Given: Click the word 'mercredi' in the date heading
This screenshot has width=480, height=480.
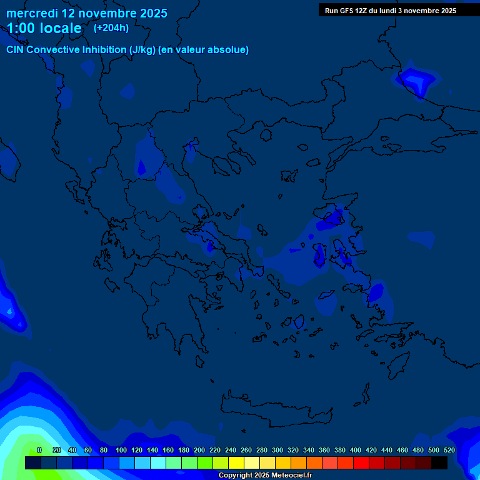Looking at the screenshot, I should [x=32, y=13].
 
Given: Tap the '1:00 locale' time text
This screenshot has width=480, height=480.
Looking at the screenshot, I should [x=44, y=28].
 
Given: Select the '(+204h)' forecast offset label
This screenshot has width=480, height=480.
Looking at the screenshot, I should [x=111, y=27].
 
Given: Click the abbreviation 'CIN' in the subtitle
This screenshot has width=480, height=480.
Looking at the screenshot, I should [x=16, y=50].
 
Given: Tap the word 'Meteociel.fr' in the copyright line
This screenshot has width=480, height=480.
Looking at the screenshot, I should [x=289, y=476].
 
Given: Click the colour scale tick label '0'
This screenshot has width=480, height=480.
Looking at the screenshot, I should [x=39, y=450].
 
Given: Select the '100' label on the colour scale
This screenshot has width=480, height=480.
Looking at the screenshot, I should [x=121, y=450].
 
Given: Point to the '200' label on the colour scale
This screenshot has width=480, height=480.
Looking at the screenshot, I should [x=199, y=450].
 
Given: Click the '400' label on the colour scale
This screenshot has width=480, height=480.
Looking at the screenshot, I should [x=356, y=450].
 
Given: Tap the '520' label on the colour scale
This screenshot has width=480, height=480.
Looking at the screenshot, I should [x=449, y=450].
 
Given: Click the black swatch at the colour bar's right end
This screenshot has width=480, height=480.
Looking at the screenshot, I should [x=439, y=462].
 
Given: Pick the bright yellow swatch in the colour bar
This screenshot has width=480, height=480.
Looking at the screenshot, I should [x=236, y=462].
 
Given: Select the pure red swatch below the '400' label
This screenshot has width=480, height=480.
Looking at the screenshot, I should [x=361, y=462].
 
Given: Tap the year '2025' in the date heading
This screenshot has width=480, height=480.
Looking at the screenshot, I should [x=153, y=13].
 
